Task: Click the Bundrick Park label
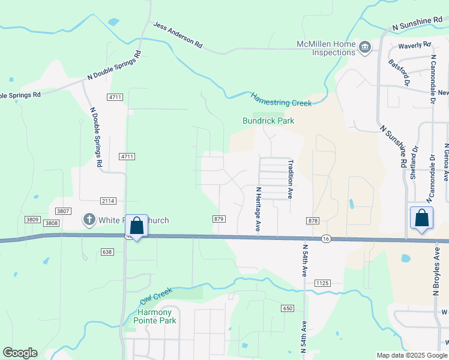coord(268,121)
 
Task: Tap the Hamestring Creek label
coord(281,100)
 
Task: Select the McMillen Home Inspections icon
coord(364,47)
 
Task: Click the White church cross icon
coord(89,220)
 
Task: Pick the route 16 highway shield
coord(325,238)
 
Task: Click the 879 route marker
coord(218,220)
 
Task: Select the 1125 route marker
coord(322,283)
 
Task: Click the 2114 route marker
coord(108,200)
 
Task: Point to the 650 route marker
coord(287,308)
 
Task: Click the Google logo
coord(20,353)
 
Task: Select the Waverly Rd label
coord(415,44)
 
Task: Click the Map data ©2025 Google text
coord(411,355)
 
